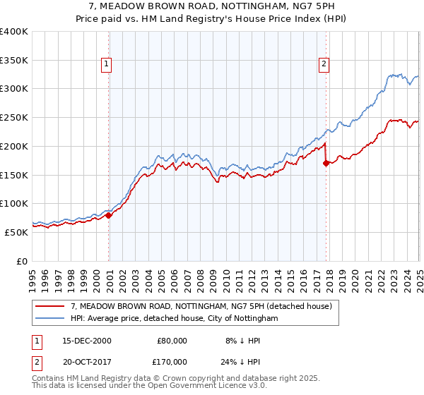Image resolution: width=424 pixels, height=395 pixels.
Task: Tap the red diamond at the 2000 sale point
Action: [109, 215]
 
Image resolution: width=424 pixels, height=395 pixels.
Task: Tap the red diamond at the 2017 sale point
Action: [326, 163]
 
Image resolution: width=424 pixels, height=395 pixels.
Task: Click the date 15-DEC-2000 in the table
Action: [87, 341]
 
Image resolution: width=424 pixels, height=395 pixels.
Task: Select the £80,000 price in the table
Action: [170, 341]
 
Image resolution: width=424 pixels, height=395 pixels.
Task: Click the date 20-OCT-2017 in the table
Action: [87, 360]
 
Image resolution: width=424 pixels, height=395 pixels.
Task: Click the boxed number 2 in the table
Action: [35, 360]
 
